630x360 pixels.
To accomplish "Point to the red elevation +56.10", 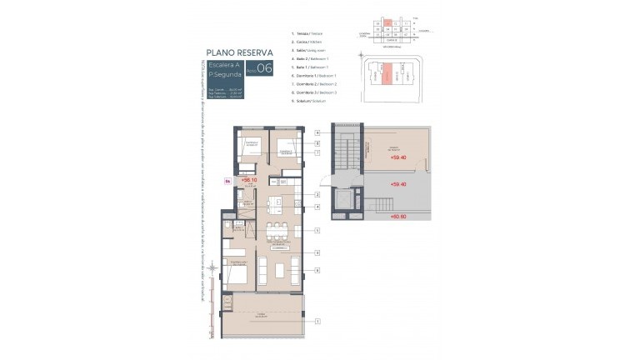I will pyautogui.click(x=248, y=178).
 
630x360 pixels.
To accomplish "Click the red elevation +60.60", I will pyautogui.click(x=398, y=217).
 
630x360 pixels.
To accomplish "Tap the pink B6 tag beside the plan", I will pyautogui.click(x=218, y=178).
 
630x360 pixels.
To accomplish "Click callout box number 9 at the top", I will pyautogui.click(x=317, y=132).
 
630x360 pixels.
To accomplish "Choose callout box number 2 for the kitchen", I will pyautogui.click(x=317, y=194).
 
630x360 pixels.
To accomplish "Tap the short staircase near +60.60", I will pyautogui.click(x=383, y=205).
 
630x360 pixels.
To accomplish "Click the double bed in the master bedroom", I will pyautogui.click(x=235, y=274).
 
